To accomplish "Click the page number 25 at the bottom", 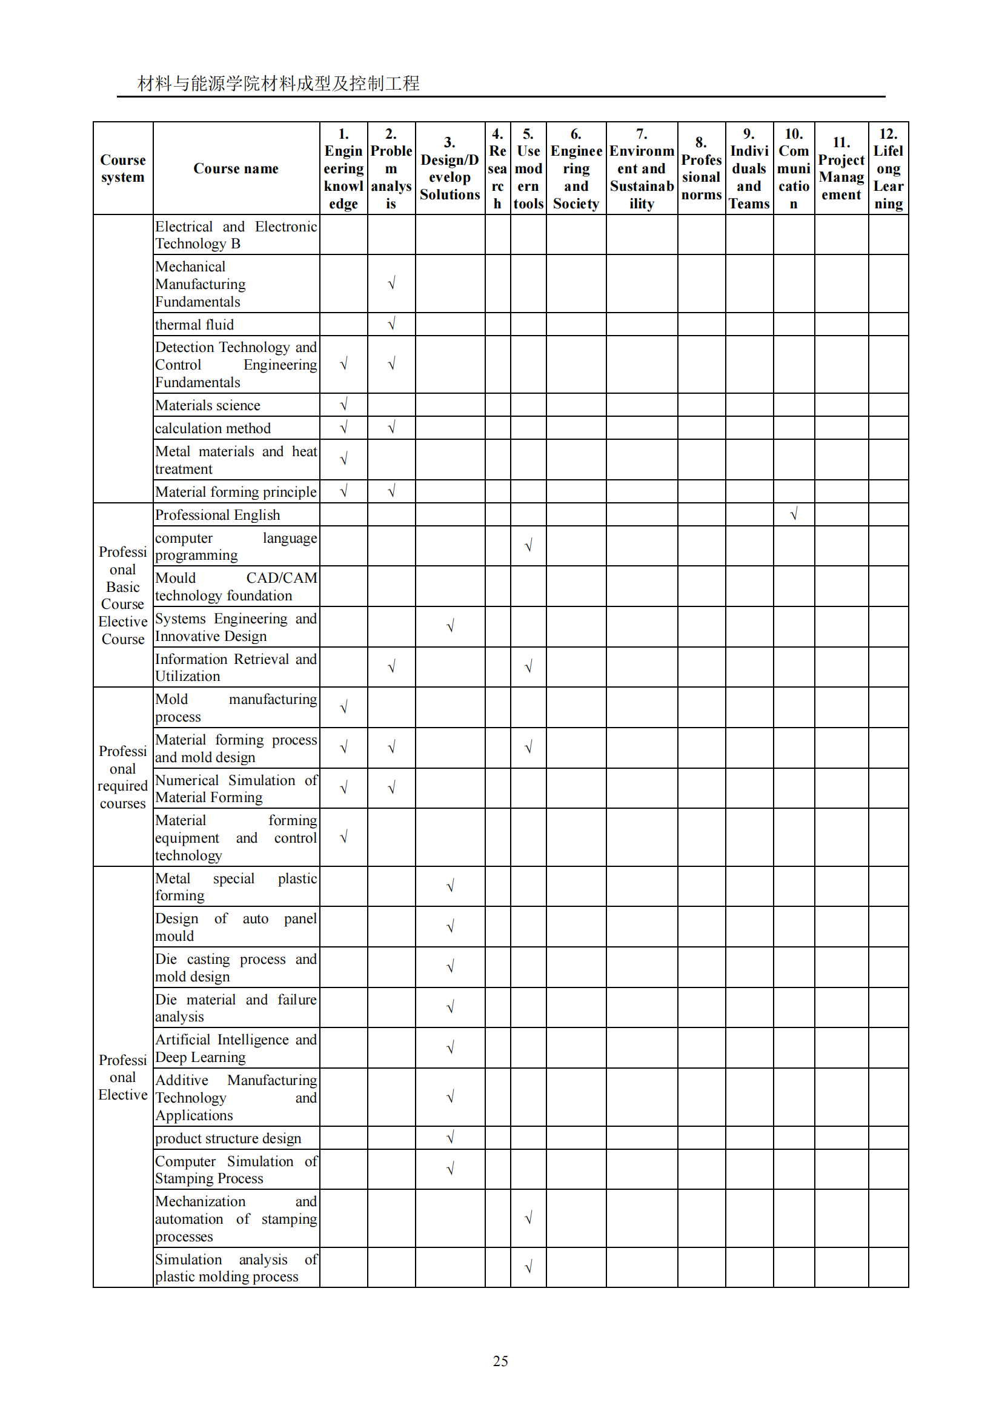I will (500, 1361).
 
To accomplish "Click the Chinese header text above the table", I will (278, 84).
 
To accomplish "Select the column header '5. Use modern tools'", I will (528, 168).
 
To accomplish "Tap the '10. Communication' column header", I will (794, 168).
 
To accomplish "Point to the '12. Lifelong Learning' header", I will (888, 168).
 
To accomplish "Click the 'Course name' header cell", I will (236, 168).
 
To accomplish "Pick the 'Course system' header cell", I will (123, 168).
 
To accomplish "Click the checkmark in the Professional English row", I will (794, 514).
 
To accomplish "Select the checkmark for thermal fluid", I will (391, 324).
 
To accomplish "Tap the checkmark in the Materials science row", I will (343, 405).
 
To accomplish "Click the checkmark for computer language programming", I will (528, 546).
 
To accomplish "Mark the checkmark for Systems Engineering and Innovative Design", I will (450, 626).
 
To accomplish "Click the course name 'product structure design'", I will (228, 1138).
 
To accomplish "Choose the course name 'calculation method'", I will (213, 428).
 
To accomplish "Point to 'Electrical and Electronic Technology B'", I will (236, 235).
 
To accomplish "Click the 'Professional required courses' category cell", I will (123, 777).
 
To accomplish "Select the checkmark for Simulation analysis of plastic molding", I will (528, 1267).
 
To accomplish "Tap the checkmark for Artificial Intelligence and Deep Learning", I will (450, 1048).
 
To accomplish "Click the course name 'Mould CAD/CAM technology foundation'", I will (236, 586).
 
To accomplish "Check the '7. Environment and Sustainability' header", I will (642, 168).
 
